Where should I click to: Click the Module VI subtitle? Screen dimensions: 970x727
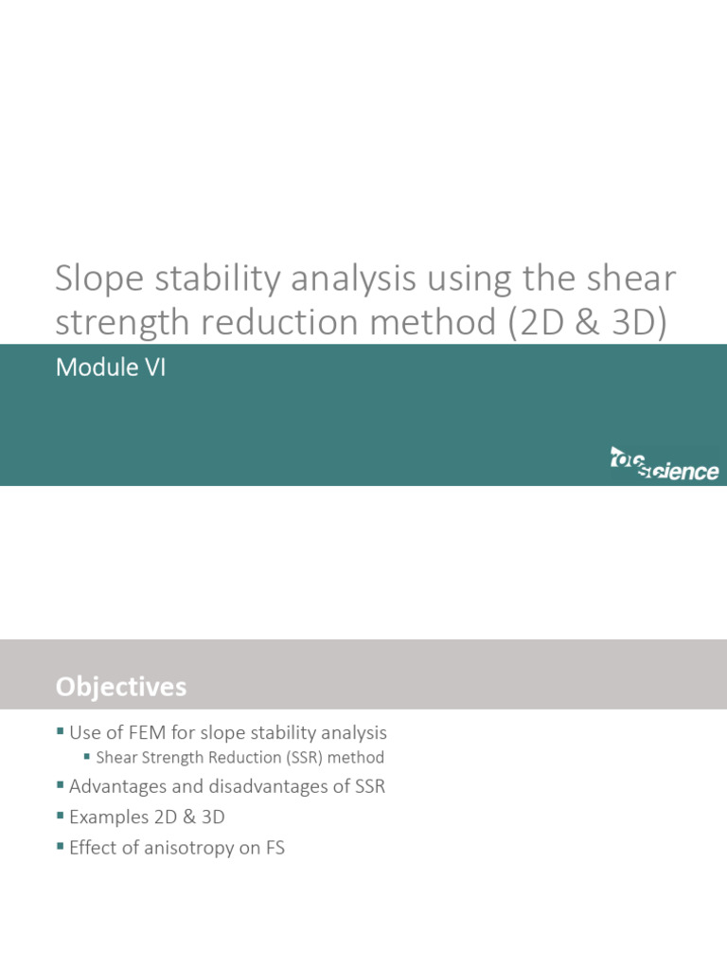[x=111, y=368]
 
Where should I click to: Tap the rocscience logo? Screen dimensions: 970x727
[x=664, y=464]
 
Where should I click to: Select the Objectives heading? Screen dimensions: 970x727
[x=121, y=686]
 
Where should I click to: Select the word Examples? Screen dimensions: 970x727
[x=107, y=817]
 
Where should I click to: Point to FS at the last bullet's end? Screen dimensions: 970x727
[x=274, y=848]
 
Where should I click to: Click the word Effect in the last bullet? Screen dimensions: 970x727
[x=94, y=848]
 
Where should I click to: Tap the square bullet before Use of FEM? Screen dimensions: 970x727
[x=61, y=731]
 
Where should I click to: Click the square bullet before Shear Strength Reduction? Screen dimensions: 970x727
[x=88, y=757]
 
